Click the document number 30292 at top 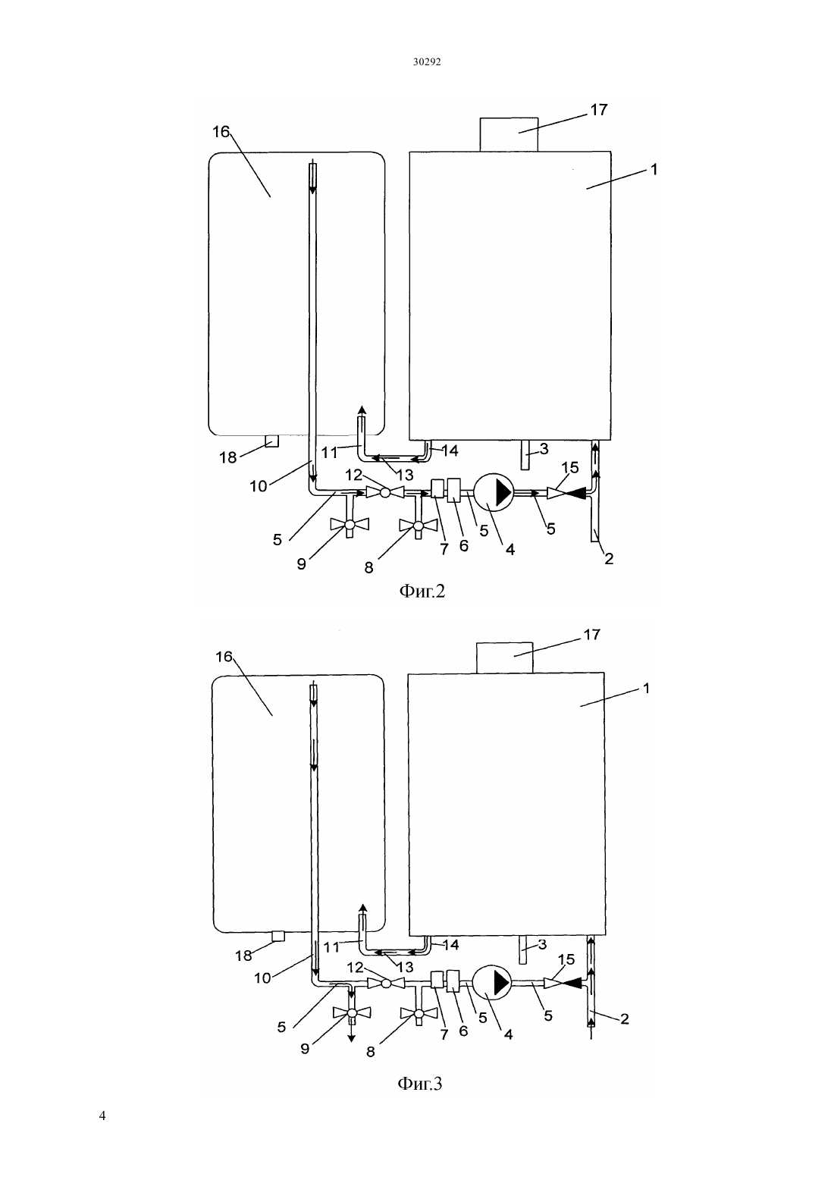426,61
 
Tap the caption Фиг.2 422,591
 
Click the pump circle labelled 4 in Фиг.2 494,492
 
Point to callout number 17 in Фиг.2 599,109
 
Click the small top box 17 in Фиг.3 504,657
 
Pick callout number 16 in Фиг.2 221,132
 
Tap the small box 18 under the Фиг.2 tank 271,441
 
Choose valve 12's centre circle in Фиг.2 385,492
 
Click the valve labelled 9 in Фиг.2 350,525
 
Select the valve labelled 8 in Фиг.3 419,1013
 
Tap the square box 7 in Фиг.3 437,980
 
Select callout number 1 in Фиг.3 647,688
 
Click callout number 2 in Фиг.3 625,1018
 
